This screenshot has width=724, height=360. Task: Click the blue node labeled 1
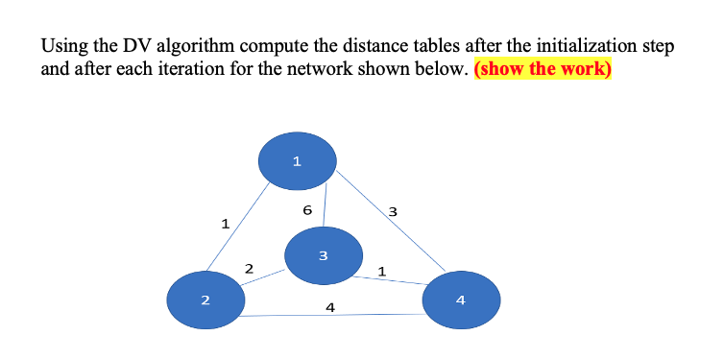(x=298, y=160)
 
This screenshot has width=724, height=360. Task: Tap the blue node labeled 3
(x=323, y=255)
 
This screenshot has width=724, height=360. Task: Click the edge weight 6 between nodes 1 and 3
(x=306, y=209)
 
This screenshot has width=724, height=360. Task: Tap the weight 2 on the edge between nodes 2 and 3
(x=249, y=268)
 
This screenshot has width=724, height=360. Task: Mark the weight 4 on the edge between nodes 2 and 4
(x=330, y=307)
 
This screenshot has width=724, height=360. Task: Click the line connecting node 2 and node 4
(x=288, y=316)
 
